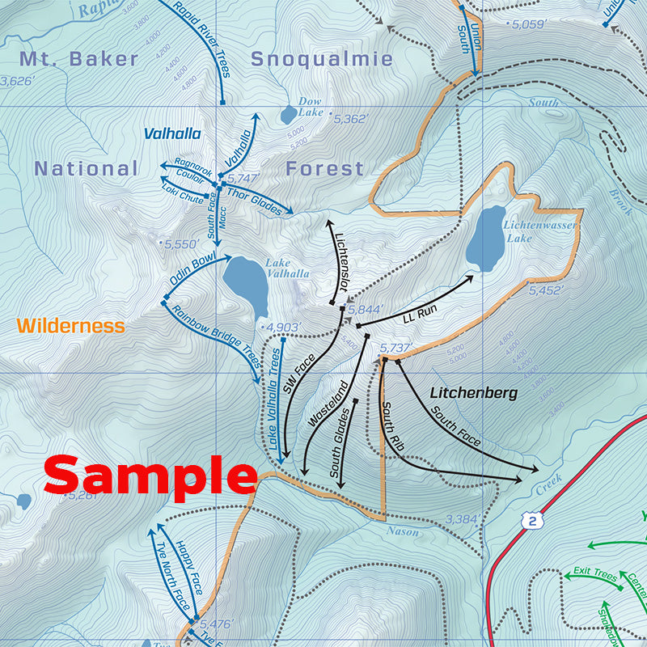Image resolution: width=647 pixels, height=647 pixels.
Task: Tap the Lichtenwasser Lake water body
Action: tap(487, 239)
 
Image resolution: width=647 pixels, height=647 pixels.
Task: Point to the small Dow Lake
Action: tap(289, 115)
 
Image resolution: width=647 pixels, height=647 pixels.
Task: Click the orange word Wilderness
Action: tap(70, 326)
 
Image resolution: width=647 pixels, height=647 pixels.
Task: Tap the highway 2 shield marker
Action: tap(531, 520)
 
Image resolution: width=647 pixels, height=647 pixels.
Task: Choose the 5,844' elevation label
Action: tap(364, 309)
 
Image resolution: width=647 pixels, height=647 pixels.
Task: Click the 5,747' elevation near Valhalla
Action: tap(243, 178)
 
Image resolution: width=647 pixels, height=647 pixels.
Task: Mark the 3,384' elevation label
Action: tap(463, 519)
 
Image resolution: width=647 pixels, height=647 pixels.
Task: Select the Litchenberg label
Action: tap(473, 393)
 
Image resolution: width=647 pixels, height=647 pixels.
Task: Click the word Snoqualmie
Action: tap(321, 59)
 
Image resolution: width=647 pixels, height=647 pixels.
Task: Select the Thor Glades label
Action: tap(254, 198)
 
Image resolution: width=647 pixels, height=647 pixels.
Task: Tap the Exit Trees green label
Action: tap(594, 573)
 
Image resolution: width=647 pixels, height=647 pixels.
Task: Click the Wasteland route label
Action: tap(330, 404)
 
